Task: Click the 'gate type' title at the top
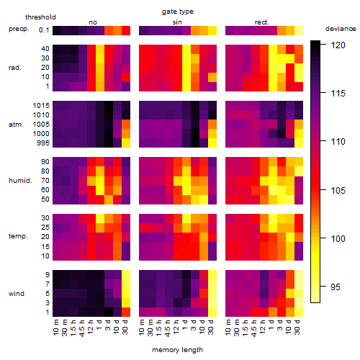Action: pos(178,12)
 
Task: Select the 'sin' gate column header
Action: pos(177,22)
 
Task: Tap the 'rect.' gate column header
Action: pos(262,22)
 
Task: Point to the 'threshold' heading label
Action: pos(40,17)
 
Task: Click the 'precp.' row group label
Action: pos(19,29)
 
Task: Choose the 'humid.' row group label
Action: pos(20,180)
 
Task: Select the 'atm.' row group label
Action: pos(16,125)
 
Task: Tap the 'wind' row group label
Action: pos(17,294)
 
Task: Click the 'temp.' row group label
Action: pos(18,236)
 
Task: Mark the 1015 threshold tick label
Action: pos(41,105)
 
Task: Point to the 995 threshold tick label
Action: pos(43,143)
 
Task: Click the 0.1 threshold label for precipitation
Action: pos(44,30)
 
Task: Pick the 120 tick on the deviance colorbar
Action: pos(338,45)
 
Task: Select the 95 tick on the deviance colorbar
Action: pos(336,287)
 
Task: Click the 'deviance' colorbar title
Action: pos(341,29)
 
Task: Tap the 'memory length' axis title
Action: pos(177,350)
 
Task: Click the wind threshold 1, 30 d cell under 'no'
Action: pos(126,312)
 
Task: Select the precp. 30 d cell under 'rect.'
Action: pos(299,30)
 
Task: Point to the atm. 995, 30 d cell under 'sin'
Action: pos(212,143)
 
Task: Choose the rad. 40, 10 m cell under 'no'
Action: pos(57,49)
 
